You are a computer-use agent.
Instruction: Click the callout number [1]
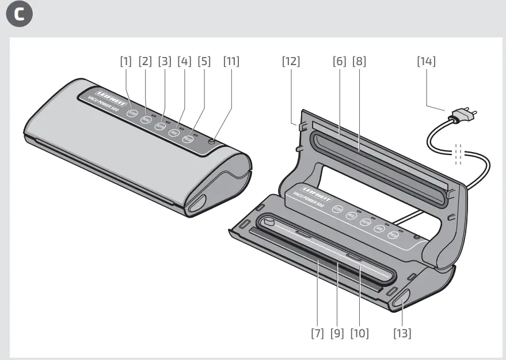pos(126,61)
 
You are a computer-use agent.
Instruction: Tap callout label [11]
pos(231,61)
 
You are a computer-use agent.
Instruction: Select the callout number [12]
pos(291,61)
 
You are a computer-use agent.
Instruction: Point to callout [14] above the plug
pos(426,61)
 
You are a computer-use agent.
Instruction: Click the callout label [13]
pos(402,333)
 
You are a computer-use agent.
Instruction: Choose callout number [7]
pos(317,333)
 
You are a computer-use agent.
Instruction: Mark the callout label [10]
pos(359,333)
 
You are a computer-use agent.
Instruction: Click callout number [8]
pos(359,61)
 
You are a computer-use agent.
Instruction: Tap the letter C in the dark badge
pos(19,16)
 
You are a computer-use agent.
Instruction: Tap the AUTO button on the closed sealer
pos(160,126)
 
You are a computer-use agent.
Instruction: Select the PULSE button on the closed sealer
pos(188,139)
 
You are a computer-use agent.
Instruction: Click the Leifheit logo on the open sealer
pos(313,192)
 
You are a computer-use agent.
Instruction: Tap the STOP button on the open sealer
pos(338,210)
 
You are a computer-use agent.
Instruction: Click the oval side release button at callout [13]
pos(401,298)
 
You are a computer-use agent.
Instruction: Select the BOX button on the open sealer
pos(379,229)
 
